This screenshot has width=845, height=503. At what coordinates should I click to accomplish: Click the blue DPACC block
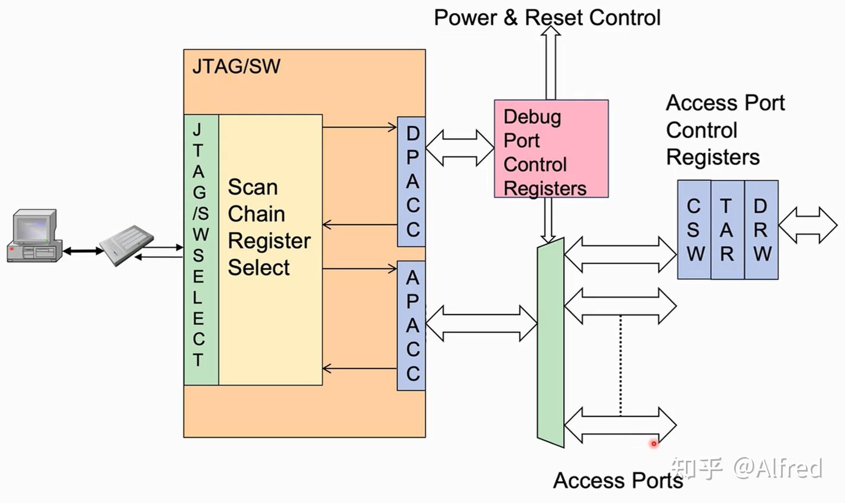coord(412,181)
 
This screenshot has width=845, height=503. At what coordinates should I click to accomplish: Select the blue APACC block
coord(412,325)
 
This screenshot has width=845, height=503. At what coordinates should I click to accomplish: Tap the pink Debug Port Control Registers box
coord(551,149)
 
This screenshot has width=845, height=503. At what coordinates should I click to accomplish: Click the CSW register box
coord(694,230)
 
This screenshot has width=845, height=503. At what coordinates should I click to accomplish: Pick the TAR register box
coord(727,230)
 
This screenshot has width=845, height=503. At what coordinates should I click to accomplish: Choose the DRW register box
coord(761,230)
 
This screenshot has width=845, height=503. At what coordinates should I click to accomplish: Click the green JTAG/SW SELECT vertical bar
coord(200,249)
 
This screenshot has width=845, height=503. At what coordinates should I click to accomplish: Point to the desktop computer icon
coord(34,237)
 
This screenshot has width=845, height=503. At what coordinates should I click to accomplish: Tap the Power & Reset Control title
coord(547,17)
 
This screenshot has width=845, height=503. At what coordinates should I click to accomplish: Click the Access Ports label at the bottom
coord(617,480)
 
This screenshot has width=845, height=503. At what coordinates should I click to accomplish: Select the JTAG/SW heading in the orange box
coord(236,66)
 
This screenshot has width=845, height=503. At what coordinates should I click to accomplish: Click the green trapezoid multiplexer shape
coord(550,343)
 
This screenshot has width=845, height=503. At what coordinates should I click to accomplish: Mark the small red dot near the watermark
coord(653,443)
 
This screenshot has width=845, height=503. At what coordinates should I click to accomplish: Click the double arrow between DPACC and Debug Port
coord(459,147)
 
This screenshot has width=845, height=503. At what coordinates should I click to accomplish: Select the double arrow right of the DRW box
coord(808,225)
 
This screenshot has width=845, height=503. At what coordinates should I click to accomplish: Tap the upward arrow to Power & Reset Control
coord(551,62)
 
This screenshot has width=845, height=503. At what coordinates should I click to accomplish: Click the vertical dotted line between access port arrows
coord(620,365)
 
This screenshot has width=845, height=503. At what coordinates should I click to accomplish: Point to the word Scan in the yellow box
coord(253,187)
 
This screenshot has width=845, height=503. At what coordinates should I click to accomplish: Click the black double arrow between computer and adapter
coord(83,251)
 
